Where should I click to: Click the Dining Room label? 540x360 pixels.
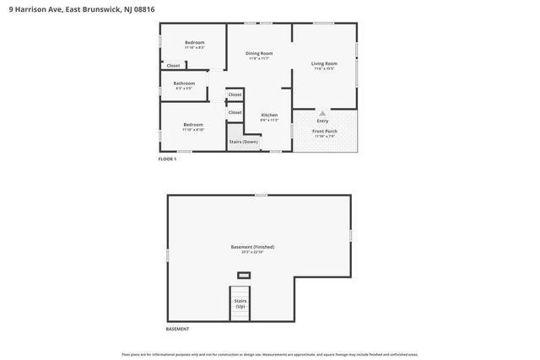(x=259, y=53)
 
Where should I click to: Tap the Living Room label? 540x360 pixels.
(x=324, y=63)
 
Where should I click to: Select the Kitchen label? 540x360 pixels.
(x=269, y=115)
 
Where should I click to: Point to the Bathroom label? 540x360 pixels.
(x=184, y=83)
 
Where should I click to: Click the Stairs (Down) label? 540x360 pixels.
(x=244, y=142)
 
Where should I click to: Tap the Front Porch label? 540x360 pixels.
(x=324, y=131)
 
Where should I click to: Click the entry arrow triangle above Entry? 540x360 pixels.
(x=321, y=112)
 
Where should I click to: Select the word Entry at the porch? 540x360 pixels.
(x=322, y=121)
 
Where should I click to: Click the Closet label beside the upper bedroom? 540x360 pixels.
(x=173, y=65)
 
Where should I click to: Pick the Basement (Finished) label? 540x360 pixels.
(x=252, y=246)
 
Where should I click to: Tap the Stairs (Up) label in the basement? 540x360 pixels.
(x=241, y=302)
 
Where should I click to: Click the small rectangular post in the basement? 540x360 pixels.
(x=244, y=275)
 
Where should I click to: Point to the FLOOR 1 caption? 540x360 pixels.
(x=167, y=159)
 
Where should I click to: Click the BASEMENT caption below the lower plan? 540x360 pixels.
(x=177, y=329)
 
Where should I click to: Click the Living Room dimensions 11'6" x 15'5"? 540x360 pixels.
(x=324, y=69)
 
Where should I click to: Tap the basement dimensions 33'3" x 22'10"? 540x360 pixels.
(x=252, y=252)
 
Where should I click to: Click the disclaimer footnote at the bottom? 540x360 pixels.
(x=269, y=354)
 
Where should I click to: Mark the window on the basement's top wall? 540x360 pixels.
(x=262, y=195)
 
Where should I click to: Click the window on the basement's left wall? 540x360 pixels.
(x=167, y=254)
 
